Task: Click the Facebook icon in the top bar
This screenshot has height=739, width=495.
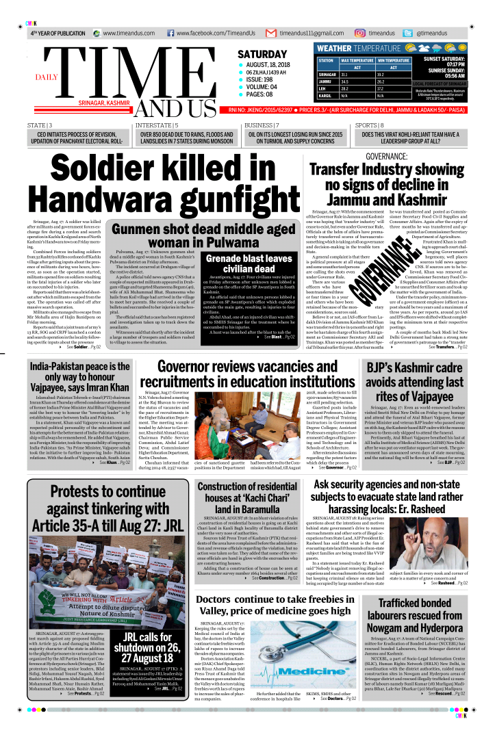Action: click(x=169, y=33)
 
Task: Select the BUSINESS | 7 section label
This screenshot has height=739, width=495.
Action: click(x=261, y=125)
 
